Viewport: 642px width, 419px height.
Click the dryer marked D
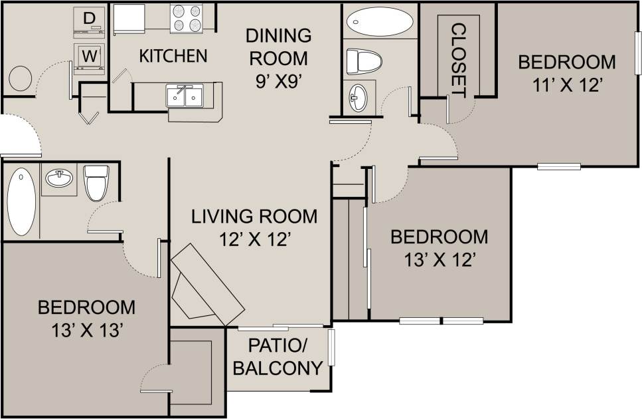click(x=89, y=21)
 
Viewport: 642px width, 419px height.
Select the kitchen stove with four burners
click(x=186, y=18)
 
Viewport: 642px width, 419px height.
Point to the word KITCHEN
click(x=173, y=56)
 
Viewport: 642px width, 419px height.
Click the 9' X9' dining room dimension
click(x=278, y=82)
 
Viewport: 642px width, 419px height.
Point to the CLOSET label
click(x=457, y=58)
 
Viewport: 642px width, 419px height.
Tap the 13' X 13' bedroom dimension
click(x=86, y=330)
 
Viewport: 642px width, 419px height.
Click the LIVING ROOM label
click(x=254, y=216)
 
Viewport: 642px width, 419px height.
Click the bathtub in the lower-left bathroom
click(x=21, y=202)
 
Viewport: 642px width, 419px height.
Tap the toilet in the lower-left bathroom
click(x=96, y=182)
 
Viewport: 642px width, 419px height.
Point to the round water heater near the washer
click(x=18, y=78)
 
